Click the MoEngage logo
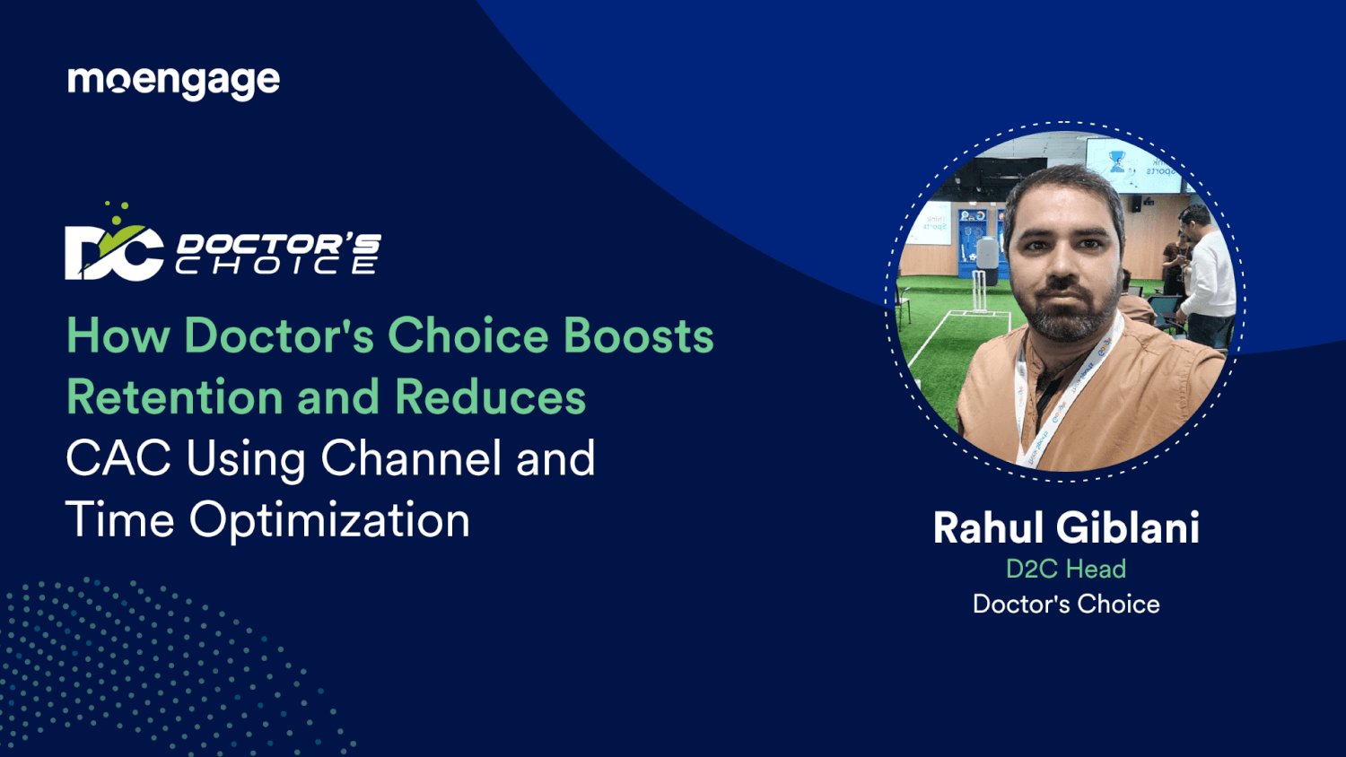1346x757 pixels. tap(173, 82)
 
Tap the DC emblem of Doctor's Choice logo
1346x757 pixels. tap(114, 251)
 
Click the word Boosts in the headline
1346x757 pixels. tap(638, 336)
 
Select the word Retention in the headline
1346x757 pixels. tap(175, 397)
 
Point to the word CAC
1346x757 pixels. tap(118, 458)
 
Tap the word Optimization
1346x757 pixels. tap(329, 520)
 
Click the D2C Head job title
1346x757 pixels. tap(1065, 569)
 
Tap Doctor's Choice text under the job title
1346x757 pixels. tap(1065, 604)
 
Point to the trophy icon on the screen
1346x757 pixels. tap(1116, 162)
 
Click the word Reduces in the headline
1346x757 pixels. tap(490, 397)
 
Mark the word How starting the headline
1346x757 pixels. tap(118, 336)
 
